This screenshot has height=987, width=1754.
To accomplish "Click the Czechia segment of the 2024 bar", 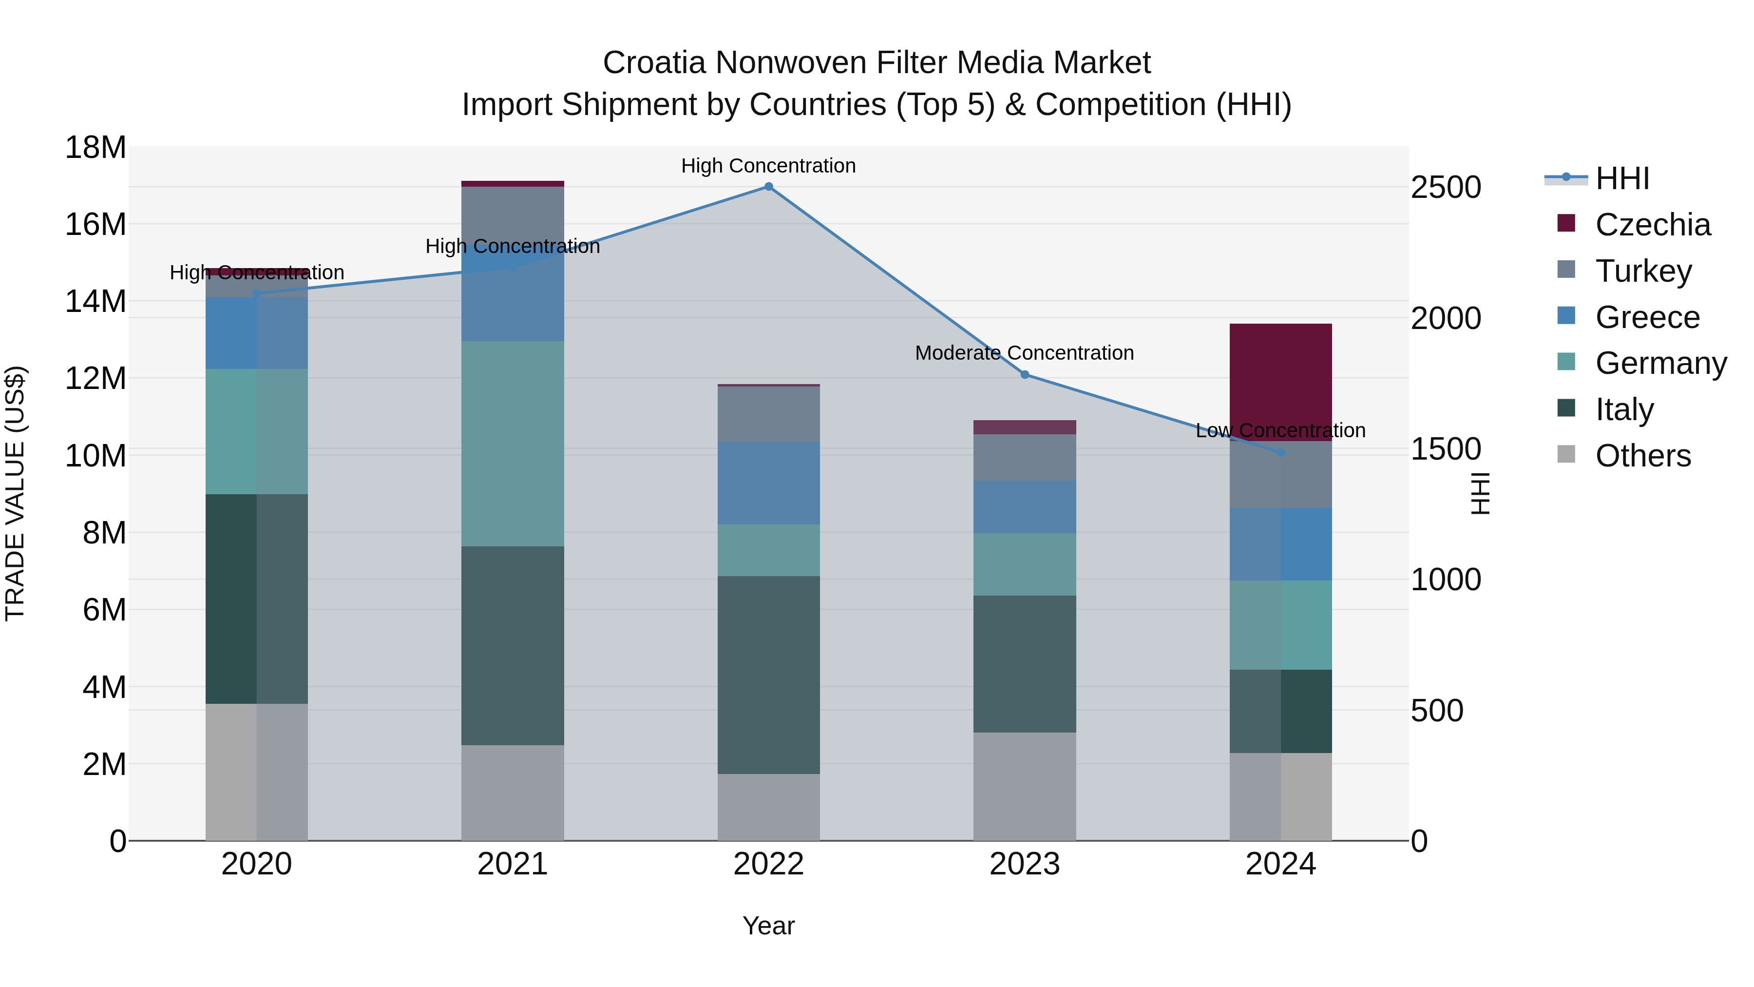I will (x=1280, y=382).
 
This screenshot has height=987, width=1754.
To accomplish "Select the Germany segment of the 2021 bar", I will (x=513, y=444).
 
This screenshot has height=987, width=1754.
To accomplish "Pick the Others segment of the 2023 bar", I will (x=1024, y=786).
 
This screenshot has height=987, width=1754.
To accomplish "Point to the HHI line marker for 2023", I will (x=1024, y=375).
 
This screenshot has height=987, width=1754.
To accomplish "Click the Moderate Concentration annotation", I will (x=1024, y=353).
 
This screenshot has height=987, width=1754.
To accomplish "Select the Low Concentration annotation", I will (x=1280, y=430).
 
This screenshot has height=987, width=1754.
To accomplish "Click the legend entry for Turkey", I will (x=1642, y=271).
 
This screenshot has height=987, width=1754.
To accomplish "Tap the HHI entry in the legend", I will (x=1622, y=178).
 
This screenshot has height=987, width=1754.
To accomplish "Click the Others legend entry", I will (x=1642, y=456).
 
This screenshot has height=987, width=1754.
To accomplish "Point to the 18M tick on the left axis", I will (x=95, y=148).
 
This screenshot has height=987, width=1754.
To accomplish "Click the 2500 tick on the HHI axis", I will (x=1445, y=188).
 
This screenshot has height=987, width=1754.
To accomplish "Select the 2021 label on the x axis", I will (x=513, y=864).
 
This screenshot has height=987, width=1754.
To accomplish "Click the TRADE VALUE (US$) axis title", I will (x=15, y=493).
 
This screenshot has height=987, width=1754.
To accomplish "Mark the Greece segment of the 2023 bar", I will (x=1024, y=507).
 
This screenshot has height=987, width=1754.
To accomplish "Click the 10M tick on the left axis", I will (x=95, y=456).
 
